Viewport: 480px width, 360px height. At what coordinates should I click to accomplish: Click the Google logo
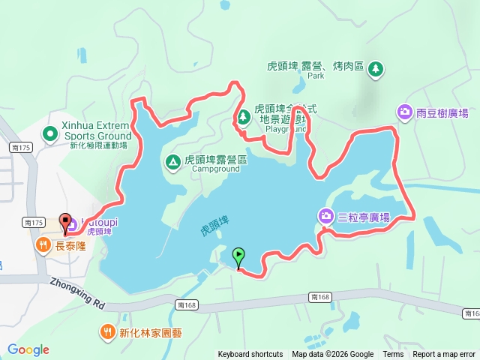[28, 349]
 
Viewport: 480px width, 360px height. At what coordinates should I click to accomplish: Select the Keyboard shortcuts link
[250, 355]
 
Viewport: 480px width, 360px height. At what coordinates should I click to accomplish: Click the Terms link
[393, 355]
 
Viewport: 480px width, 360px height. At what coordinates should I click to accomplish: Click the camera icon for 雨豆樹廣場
[405, 112]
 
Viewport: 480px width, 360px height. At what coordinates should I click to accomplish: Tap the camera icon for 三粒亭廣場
[326, 217]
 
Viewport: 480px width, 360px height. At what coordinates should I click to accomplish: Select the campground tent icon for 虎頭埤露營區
[172, 160]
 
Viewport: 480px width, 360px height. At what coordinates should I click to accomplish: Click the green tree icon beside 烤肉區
[376, 69]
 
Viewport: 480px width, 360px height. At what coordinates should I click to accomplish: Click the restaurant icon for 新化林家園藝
[109, 331]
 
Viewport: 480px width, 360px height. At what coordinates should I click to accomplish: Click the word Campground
[215, 169]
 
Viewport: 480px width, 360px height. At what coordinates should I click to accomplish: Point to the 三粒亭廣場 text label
[363, 217]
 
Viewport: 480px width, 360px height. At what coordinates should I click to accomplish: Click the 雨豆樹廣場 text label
[442, 112]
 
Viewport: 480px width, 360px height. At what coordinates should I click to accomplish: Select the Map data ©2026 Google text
[333, 355]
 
